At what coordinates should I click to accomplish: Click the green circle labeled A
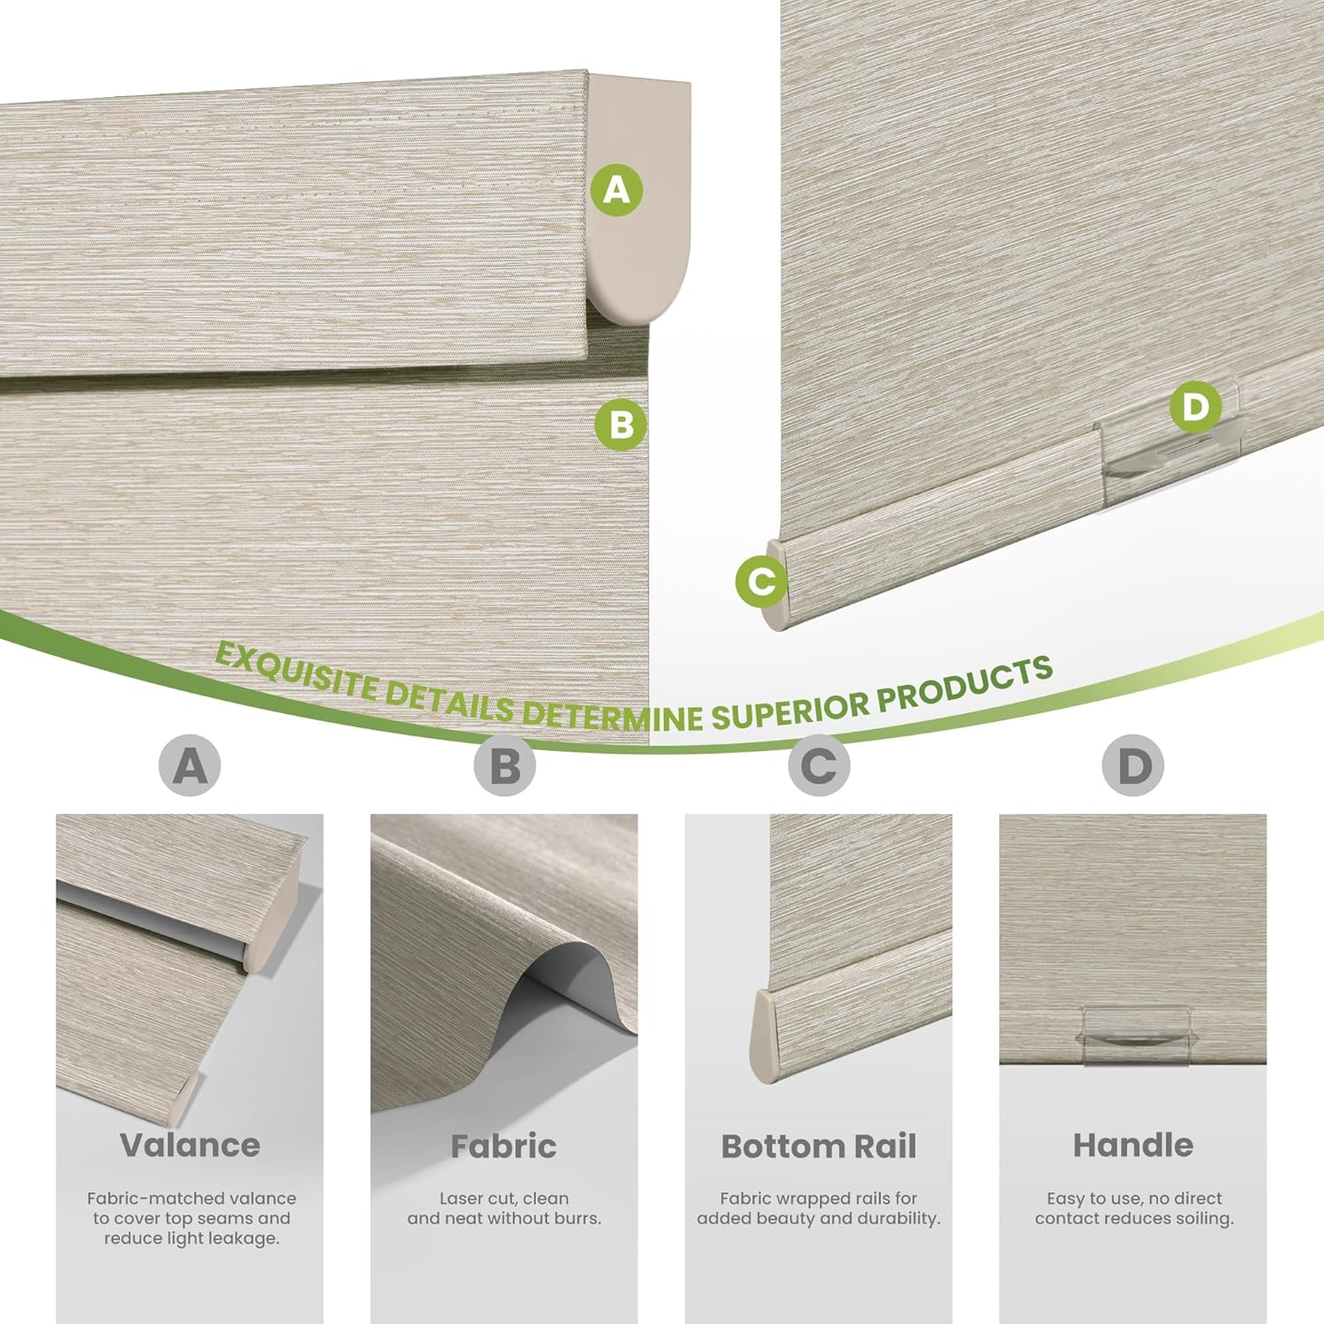[x=617, y=189]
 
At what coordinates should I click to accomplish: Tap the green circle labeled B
[x=621, y=425]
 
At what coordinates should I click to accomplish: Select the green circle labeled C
[x=762, y=581]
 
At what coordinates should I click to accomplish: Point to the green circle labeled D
[x=1195, y=407]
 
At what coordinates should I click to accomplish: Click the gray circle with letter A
[x=190, y=765]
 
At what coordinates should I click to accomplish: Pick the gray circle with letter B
[x=504, y=765]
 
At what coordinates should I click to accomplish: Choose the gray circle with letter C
[x=819, y=765]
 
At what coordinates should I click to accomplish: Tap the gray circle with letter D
[x=1133, y=765]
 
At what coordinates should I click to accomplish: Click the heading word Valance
[x=190, y=1145]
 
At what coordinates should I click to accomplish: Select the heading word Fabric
[x=504, y=1146]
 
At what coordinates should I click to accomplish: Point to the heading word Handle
[x=1133, y=1145]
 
